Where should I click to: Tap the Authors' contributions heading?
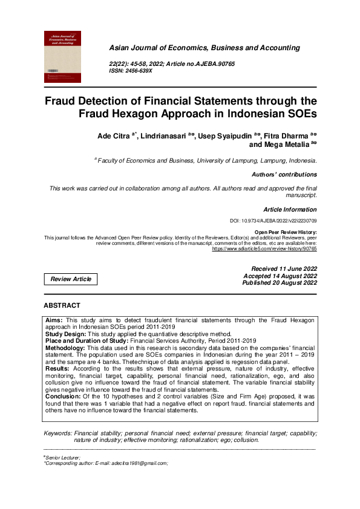284,174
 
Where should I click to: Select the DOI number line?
286,222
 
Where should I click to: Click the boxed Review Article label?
71,279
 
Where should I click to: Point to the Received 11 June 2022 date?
284,268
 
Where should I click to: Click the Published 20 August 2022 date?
280,282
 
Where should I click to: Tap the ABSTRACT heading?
62,305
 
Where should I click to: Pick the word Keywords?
58,433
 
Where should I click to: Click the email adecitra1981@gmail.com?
133,463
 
